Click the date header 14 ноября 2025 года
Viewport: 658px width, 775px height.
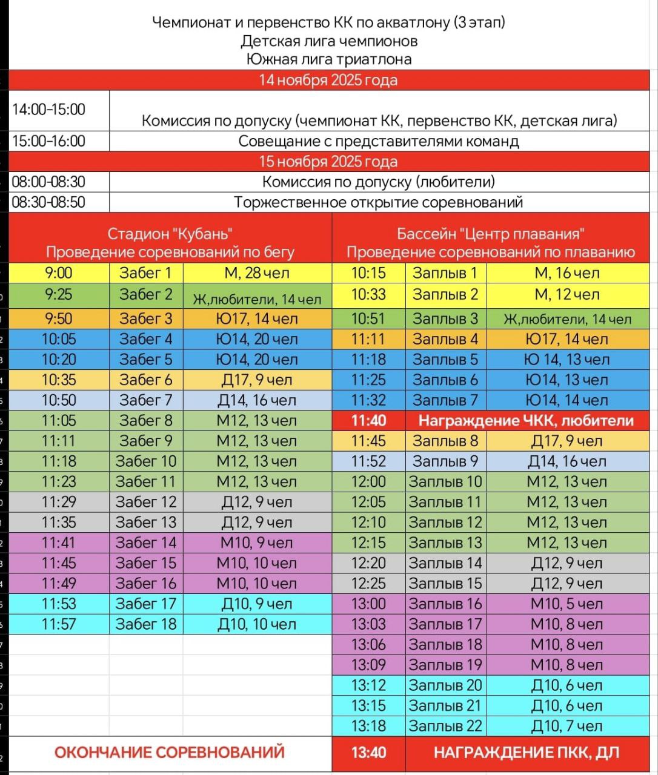click(x=328, y=81)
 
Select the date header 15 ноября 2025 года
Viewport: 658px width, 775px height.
click(x=328, y=162)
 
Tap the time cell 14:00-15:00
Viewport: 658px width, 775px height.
click(x=49, y=110)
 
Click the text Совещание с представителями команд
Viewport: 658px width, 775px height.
click(x=379, y=142)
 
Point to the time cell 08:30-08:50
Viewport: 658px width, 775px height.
click(x=49, y=202)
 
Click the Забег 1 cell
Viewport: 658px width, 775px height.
click(x=145, y=273)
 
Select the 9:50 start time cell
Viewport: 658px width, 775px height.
click(x=58, y=318)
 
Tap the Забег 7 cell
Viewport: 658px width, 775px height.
click(x=145, y=400)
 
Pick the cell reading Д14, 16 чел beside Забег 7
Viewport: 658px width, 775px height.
click(x=257, y=400)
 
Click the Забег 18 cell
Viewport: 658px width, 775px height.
click(x=145, y=624)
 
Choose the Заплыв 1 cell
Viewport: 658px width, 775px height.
click(x=445, y=273)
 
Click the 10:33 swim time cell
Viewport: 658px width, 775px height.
click(x=368, y=295)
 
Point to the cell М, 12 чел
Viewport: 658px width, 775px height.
click(x=567, y=295)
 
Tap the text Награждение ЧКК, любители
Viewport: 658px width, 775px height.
click(x=526, y=421)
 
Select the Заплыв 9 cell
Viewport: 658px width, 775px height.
click(x=445, y=461)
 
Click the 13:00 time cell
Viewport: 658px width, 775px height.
click(x=368, y=604)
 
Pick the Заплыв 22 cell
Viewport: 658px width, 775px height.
click(x=445, y=726)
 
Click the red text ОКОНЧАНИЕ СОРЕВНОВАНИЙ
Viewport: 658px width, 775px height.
click(x=170, y=753)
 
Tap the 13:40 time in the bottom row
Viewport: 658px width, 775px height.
click(x=368, y=753)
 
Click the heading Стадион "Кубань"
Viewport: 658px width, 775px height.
click(x=170, y=234)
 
